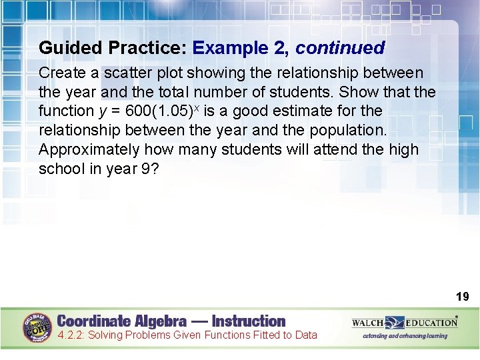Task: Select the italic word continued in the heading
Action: click(340, 48)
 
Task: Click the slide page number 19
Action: click(462, 296)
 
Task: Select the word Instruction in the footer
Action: click(248, 321)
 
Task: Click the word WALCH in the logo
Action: click(367, 323)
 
